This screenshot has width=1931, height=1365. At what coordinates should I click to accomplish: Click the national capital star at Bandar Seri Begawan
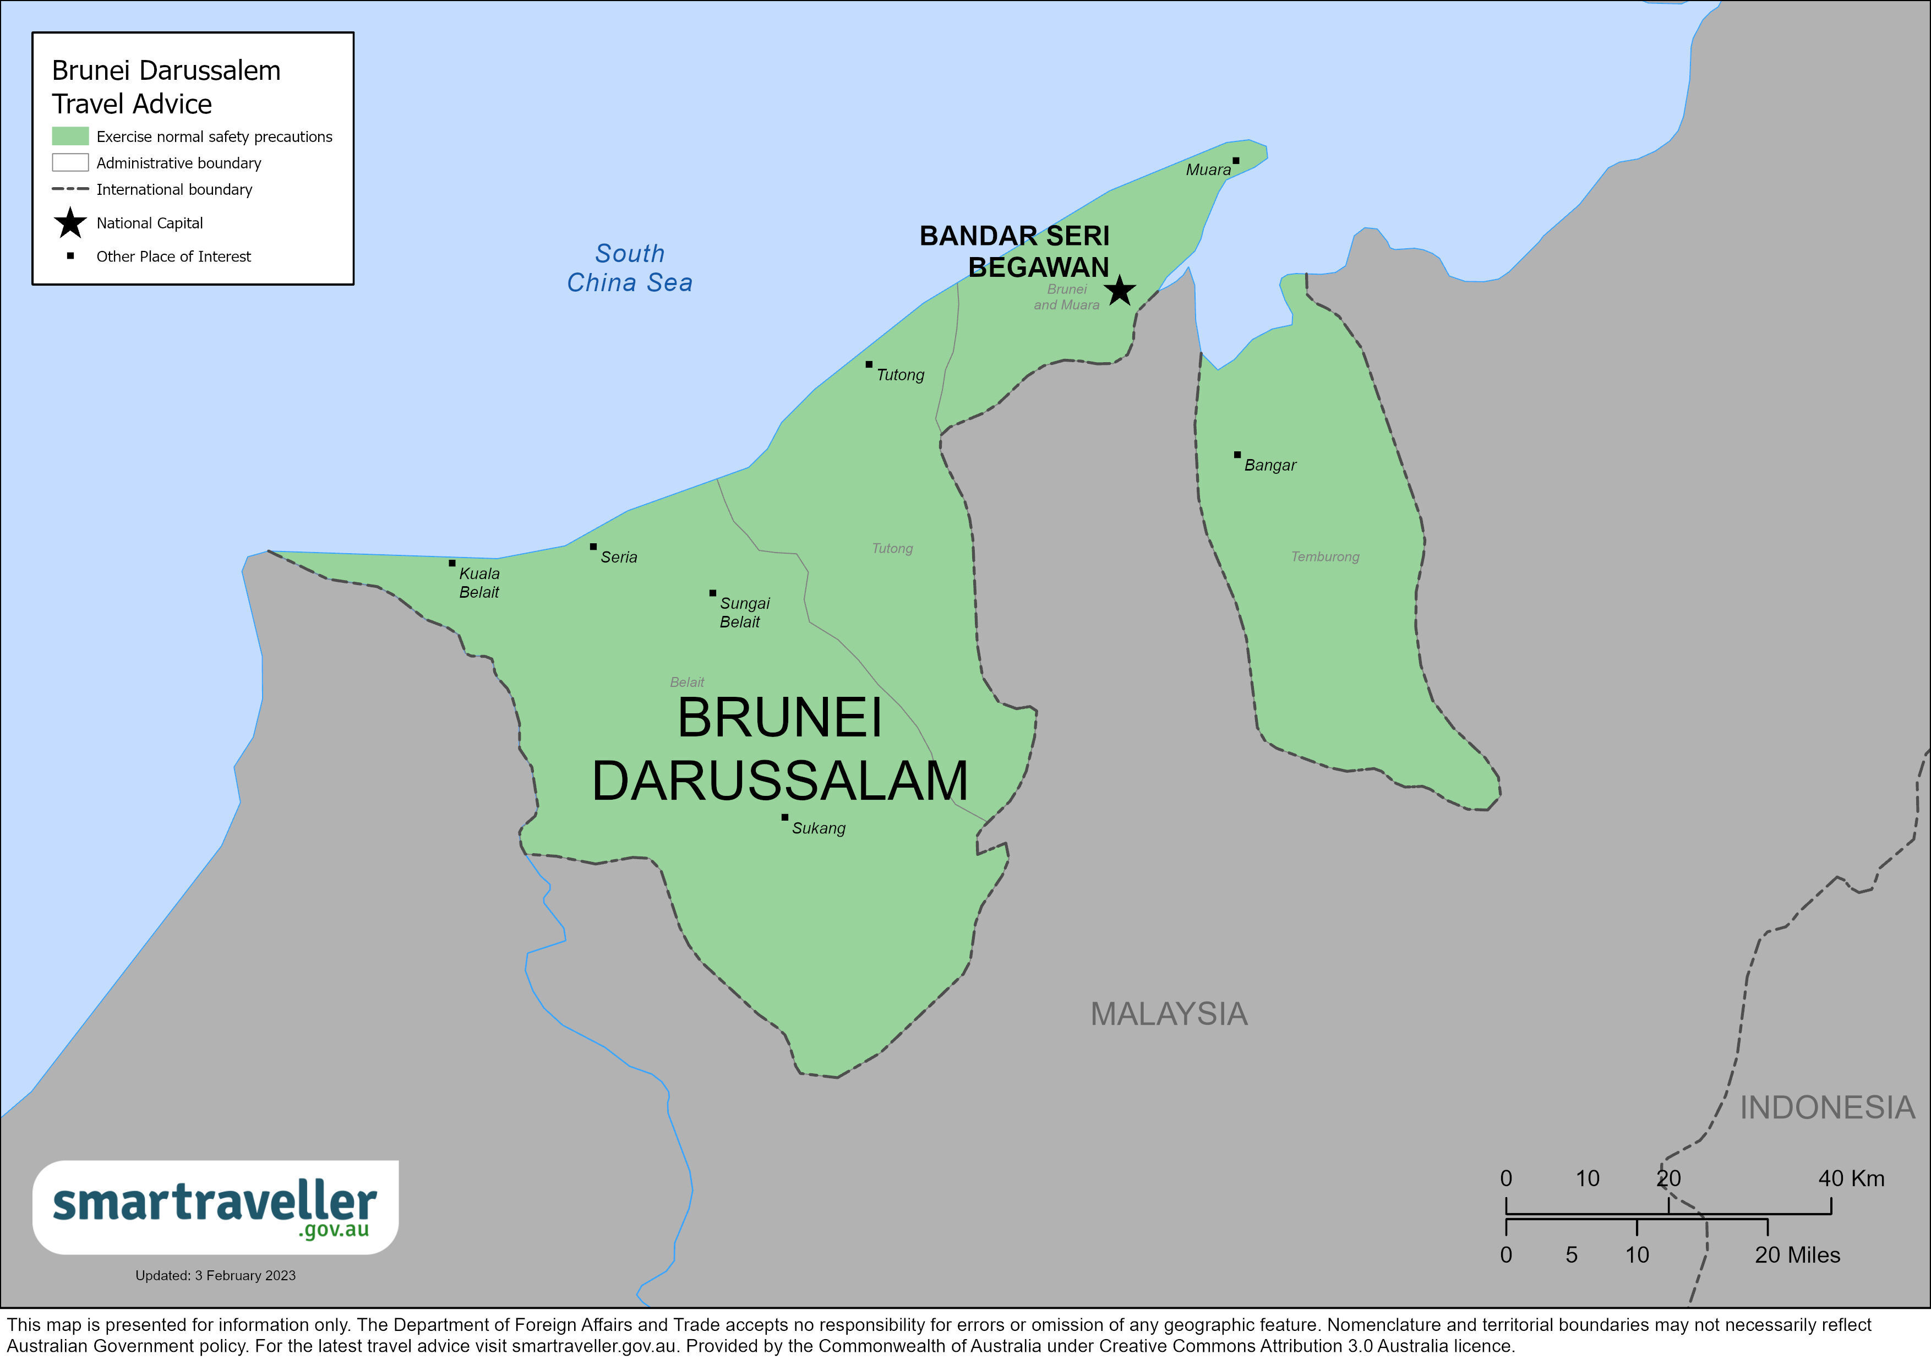click(1120, 292)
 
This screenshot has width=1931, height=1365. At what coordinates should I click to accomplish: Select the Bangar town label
click(1269, 465)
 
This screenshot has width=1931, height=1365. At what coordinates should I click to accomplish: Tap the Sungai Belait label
click(744, 612)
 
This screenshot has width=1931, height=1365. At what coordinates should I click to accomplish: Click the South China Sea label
click(629, 267)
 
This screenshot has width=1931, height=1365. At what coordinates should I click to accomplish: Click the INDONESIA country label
click(1827, 1107)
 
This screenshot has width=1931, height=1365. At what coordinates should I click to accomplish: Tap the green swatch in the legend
click(70, 136)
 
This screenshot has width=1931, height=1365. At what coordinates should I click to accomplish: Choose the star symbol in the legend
click(70, 223)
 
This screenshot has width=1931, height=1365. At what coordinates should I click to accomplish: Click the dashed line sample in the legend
click(70, 189)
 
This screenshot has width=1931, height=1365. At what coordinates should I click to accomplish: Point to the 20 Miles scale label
click(1797, 1255)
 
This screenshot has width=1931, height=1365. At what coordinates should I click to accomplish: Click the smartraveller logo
click(215, 1208)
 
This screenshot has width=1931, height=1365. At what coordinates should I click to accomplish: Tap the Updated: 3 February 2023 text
click(215, 1275)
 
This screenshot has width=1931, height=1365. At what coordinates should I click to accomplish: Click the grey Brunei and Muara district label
click(1066, 297)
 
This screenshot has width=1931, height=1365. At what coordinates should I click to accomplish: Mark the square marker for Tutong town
click(869, 364)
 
